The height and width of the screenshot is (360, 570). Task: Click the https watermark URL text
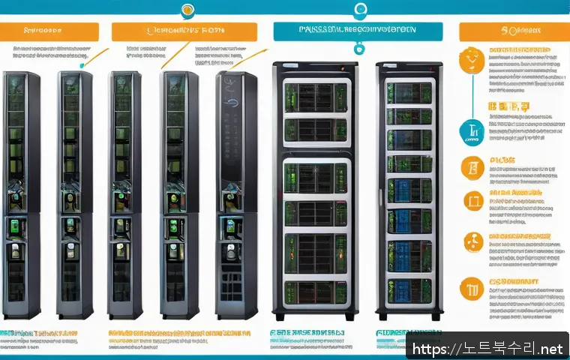(x=487, y=349)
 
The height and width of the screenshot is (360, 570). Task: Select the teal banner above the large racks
(x=357, y=31)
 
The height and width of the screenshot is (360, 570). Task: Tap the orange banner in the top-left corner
(x=49, y=31)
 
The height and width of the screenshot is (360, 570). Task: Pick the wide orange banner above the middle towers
(x=184, y=31)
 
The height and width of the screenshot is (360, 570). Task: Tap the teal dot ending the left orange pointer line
(x=81, y=66)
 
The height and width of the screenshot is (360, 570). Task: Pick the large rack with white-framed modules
(x=315, y=187)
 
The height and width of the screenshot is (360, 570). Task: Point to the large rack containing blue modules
(x=408, y=187)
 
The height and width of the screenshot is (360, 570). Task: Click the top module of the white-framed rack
(x=315, y=96)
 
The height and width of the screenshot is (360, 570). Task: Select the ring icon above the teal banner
(x=361, y=9)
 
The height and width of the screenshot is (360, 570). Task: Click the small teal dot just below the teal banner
(x=358, y=47)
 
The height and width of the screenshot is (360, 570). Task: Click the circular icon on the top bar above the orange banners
(x=186, y=9)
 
